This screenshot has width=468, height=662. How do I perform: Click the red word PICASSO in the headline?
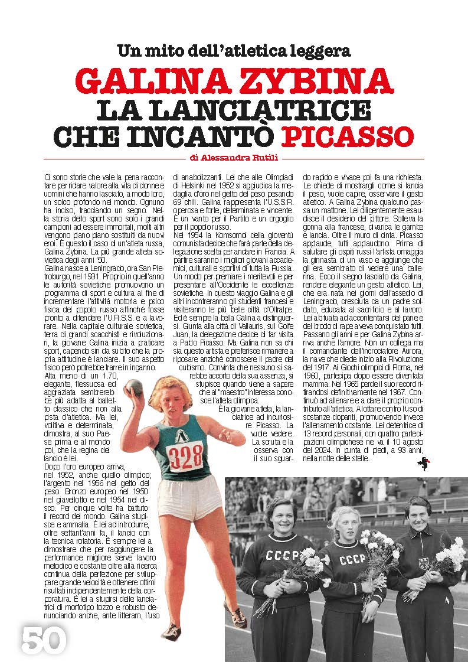click(x=347, y=135)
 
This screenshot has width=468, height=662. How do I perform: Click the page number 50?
click(x=43, y=639)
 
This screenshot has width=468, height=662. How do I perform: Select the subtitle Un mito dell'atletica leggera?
click(x=234, y=51)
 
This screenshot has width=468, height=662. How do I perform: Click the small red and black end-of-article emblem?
click(x=420, y=465)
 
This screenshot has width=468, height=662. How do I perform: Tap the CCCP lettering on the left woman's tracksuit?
click(x=282, y=556)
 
